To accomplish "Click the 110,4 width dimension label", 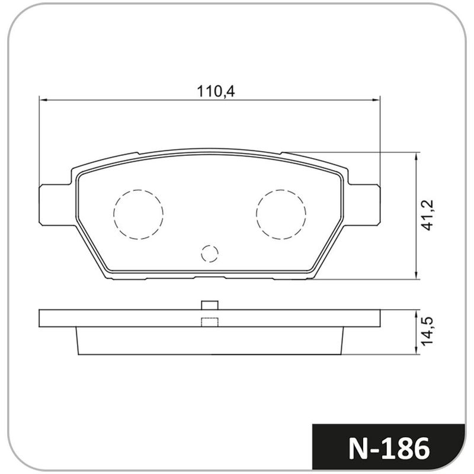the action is (216, 91).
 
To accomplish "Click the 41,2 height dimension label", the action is (428, 215).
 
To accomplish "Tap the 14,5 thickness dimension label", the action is (428, 331).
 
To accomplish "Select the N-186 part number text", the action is (389, 449).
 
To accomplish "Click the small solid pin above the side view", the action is (210, 305).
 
